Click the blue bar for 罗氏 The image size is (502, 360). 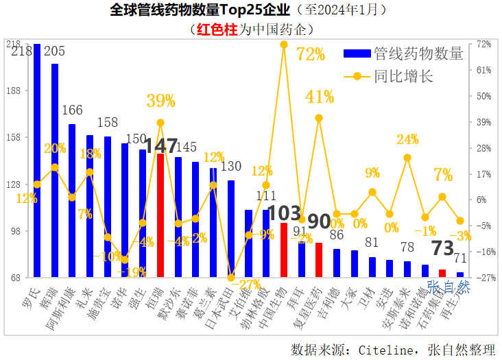[37, 161]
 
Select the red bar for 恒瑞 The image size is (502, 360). [160, 216]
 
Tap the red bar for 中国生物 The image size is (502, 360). [284, 250]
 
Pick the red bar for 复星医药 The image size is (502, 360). [319, 261]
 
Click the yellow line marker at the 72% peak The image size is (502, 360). [284, 45]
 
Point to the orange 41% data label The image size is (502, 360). [320, 97]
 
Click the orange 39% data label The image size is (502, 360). [161, 101]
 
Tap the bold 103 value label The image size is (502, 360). [284, 213]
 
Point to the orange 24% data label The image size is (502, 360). [407, 140]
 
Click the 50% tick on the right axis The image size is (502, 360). [484, 96]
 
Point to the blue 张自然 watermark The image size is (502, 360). [449, 287]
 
